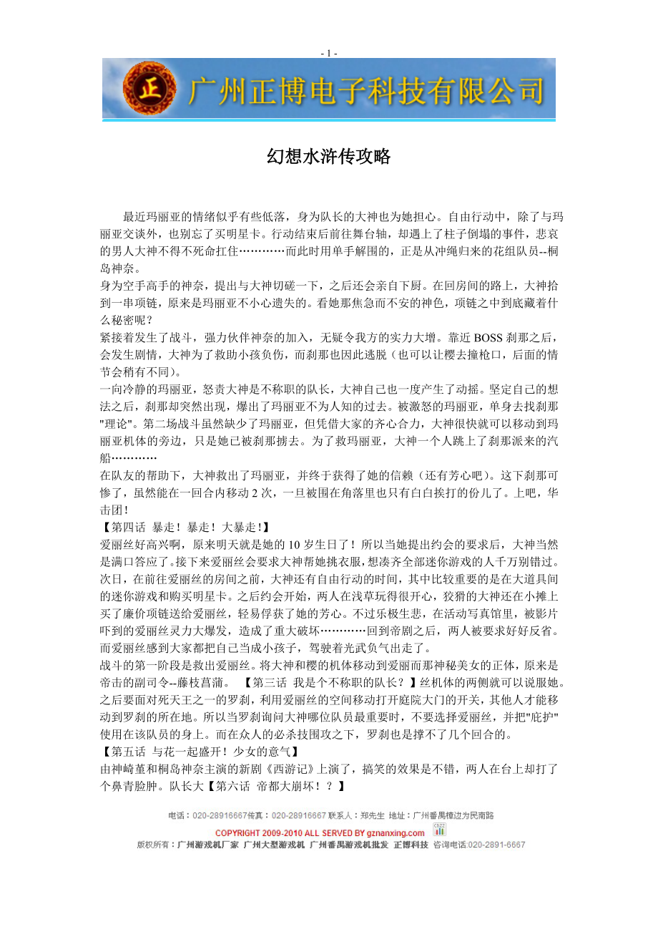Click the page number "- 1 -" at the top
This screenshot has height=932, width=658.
329,53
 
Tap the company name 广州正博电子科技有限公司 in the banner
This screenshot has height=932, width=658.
365,92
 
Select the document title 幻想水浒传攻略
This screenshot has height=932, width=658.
329,157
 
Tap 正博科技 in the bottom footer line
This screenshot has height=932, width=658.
411,845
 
